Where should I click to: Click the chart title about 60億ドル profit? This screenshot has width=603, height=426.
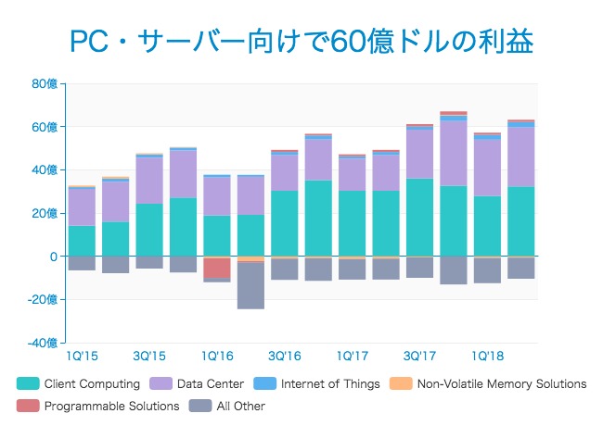[x=301, y=42]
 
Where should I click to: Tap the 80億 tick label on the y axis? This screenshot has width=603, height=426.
[x=45, y=83]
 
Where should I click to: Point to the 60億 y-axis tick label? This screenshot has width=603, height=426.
[x=45, y=127]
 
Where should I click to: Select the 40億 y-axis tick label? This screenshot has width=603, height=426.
[x=45, y=169]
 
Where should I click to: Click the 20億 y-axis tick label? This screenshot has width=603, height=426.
[x=45, y=213]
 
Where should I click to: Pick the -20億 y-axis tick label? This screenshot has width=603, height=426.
[x=42, y=299]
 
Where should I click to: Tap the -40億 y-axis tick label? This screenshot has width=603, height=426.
[x=42, y=343]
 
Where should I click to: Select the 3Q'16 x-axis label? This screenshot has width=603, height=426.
[x=284, y=356]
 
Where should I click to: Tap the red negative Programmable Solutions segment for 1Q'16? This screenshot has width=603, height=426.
[x=217, y=268]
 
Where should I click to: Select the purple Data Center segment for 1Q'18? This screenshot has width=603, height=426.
[x=488, y=168]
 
